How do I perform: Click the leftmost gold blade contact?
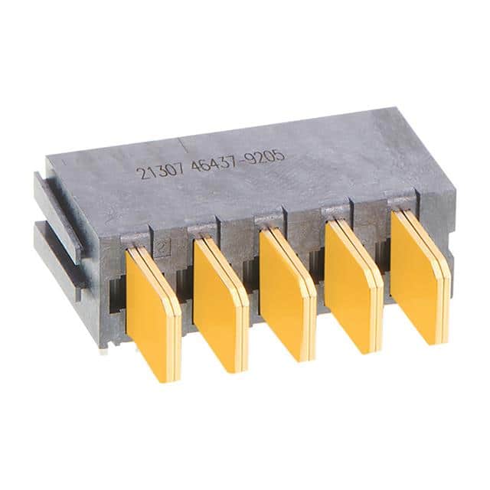pos(153,312)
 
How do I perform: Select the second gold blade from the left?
pos(220,305)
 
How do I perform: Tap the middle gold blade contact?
pos(288,296)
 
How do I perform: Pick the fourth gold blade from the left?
pos(353,286)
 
